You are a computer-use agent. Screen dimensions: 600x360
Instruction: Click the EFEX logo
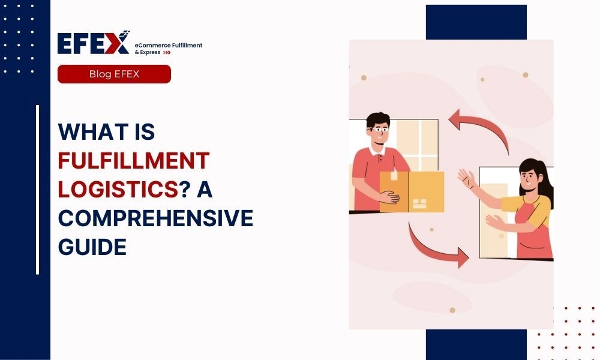[x=94, y=43]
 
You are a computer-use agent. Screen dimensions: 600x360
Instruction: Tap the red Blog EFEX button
[x=114, y=74]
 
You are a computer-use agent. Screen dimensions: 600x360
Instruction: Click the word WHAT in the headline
[x=93, y=131]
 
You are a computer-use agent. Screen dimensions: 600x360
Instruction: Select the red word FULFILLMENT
[x=134, y=160]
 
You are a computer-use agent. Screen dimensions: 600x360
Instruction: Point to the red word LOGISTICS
[x=118, y=189]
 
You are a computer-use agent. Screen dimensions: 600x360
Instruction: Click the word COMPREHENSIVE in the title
[x=155, y=218]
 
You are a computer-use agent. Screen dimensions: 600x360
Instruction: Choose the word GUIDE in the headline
[x=92, y=247]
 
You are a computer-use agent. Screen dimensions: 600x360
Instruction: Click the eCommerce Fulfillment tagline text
[x=169, y=45]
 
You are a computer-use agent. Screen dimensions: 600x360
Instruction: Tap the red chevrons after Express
[x=166, y=52]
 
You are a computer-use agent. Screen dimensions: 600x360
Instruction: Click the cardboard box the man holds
[x=412, y=191]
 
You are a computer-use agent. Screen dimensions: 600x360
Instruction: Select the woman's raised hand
[x=466, y=178]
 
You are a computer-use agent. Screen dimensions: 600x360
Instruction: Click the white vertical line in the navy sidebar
[x=37, y=190]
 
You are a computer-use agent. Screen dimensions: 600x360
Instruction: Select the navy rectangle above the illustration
[x=476, y=22]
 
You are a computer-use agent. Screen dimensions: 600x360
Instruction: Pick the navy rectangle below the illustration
[x=476, y=344]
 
